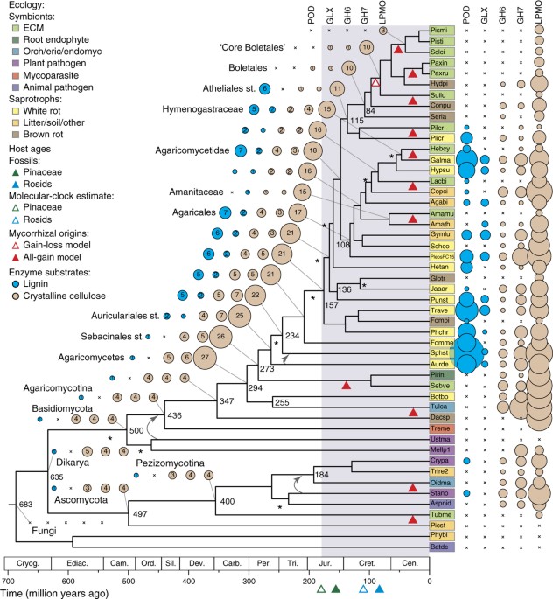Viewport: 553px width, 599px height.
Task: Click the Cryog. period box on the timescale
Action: point(27,565)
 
